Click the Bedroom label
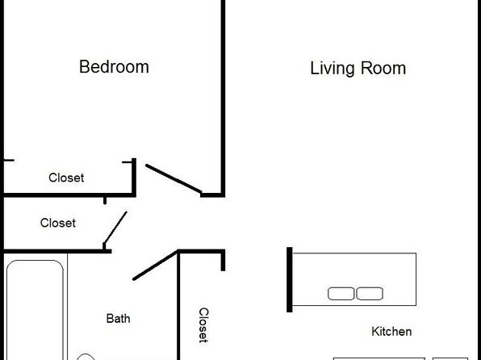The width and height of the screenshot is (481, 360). tap(114, 67)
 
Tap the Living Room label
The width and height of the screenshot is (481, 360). tap(358, 68)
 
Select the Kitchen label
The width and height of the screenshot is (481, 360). tap(391, 332)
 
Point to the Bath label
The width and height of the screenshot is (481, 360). tap(118, 319)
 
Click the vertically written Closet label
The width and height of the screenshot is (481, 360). tap(203, 325)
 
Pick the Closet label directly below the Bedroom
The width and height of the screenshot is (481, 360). tap(66, 178)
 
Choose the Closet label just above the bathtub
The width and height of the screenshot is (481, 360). tap(58, 223)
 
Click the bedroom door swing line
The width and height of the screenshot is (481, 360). tap(174, 179)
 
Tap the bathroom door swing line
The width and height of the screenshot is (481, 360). tap(155, 266)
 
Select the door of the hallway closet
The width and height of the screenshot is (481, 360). tap(115, 228)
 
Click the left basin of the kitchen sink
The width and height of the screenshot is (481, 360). tap(341, 293)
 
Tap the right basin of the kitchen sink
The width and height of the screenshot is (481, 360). tap(370, 293)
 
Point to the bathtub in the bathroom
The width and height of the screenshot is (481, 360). tap(35, 310)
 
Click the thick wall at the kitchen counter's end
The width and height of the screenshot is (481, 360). tap(289, 279)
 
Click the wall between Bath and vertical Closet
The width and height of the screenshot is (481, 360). tap(178, 305)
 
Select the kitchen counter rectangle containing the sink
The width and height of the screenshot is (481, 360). tap(354, 279)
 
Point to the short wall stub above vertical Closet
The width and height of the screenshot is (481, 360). tap(223, 261)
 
